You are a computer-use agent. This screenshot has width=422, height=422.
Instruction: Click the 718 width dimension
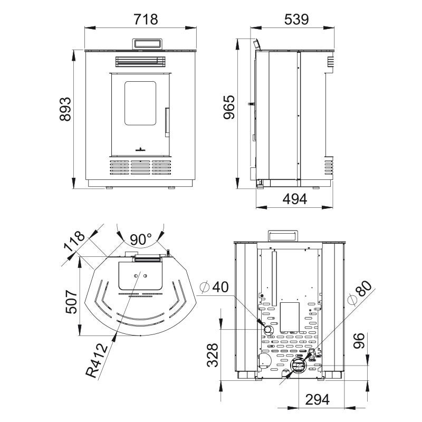coord(146,20)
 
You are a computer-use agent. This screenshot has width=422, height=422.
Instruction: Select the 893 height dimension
coord(65,109)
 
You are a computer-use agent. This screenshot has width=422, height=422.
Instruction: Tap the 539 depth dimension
coord(296,20)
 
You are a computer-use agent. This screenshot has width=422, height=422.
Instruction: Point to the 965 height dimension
coord(229,107)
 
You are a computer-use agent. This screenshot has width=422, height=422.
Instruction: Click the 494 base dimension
coord(295,199)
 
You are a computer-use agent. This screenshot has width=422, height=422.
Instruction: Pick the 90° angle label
coord(140,239)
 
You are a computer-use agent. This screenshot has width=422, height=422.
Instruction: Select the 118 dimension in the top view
coord(74,242)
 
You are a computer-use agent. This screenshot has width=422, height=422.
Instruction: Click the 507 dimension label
coord(72,302)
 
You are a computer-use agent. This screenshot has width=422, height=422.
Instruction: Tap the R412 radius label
coord(97,360)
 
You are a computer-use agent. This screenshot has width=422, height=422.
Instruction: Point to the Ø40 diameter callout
coord(215,287)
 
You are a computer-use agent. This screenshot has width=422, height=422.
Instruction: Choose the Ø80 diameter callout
coord(360,293)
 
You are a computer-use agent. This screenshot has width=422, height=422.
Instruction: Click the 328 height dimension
coord(213,355)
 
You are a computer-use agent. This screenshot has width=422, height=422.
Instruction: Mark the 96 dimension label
coord(359,341)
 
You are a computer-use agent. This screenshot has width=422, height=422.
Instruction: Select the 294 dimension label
coord(318,400)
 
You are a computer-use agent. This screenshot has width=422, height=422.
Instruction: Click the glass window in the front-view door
coord(140,103)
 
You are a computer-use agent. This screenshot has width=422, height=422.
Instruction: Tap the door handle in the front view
coord(167,122)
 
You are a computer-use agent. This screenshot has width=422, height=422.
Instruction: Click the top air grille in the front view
coord(140,61)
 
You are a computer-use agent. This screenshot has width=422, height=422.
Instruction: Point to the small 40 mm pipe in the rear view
coord(268,329)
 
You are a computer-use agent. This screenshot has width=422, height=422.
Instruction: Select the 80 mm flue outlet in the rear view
coord(298,366)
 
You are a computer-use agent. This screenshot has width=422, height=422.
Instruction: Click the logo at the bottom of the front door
coord(140,149)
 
